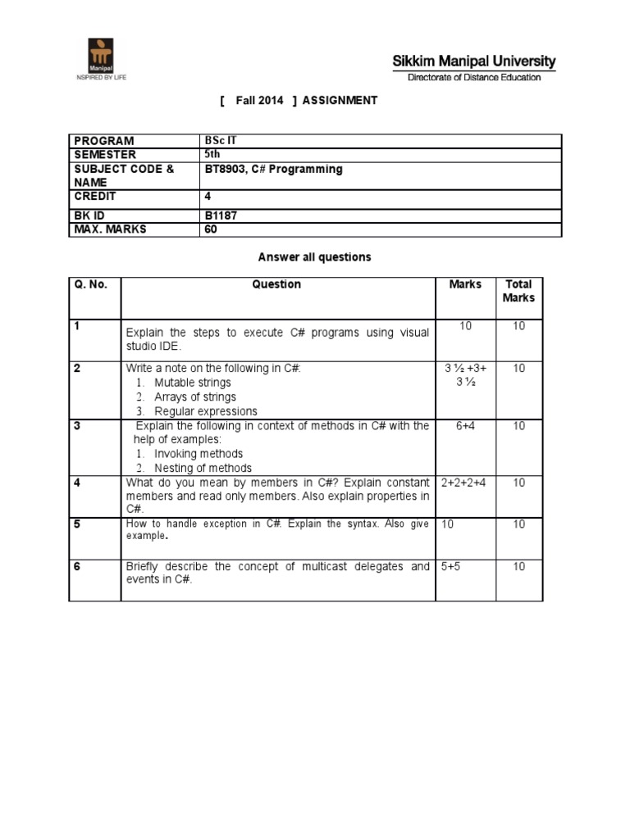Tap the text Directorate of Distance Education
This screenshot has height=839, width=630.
(475, 78)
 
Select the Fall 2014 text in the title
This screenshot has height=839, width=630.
(258, 100)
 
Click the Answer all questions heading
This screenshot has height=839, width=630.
(314, 257)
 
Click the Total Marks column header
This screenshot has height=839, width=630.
(518, 291)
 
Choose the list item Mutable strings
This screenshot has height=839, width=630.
(193, 383)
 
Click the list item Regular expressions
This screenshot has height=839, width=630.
(206, 411)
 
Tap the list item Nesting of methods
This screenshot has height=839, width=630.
(203, 468)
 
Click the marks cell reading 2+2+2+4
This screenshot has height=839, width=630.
(463, 483)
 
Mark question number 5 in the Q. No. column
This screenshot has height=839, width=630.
(76, 524)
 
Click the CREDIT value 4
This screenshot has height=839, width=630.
(208, 197)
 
